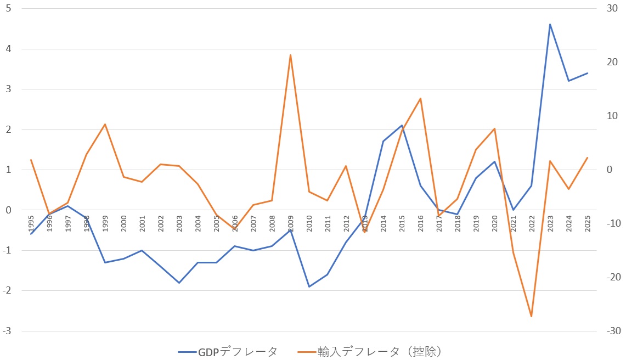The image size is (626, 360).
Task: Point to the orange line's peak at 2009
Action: [290, 55]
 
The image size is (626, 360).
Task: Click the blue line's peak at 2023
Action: [550, 24]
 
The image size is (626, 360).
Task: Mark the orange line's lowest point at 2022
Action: [531, 317]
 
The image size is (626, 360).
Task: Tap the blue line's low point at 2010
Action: [309, 286]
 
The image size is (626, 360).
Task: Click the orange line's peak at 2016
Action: [420, 98]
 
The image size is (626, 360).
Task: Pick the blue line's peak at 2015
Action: [402, 126]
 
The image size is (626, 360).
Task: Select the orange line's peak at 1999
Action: [105, 124]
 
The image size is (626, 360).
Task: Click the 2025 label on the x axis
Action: [587, 224]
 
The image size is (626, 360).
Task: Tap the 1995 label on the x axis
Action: [31, 224]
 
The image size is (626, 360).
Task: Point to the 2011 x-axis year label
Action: [328, 224]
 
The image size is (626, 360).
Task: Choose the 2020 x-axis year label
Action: [494, 224]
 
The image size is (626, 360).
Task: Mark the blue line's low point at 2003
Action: [179, 283]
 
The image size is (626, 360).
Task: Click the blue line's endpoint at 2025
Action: [587, 73]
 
